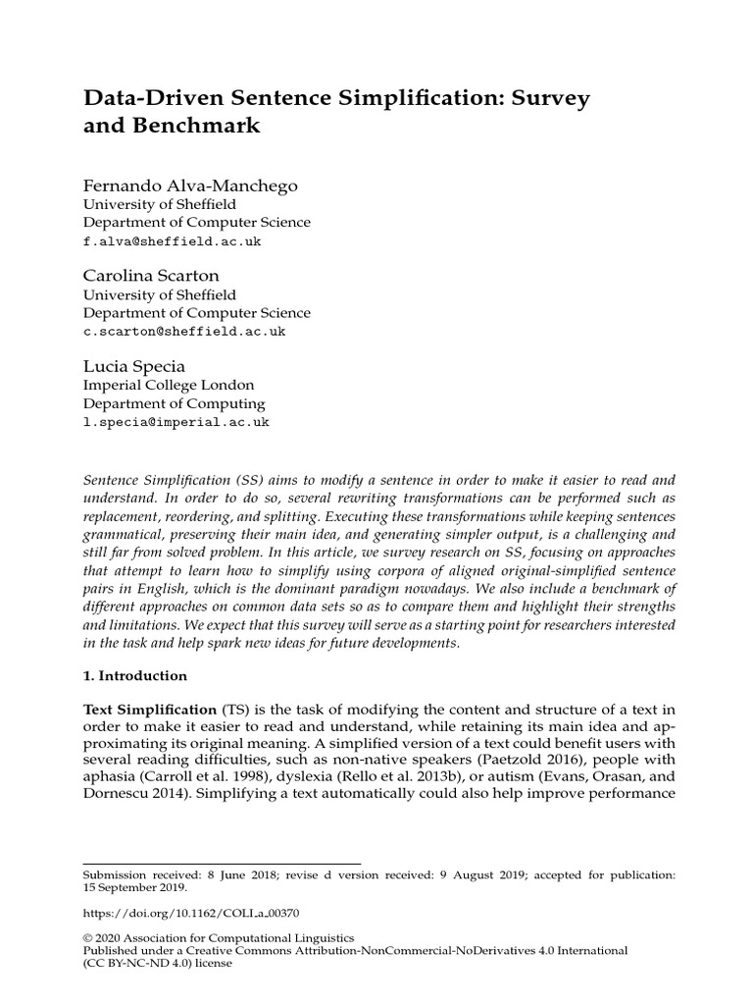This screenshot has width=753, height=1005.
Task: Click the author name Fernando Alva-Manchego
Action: click(190, 185)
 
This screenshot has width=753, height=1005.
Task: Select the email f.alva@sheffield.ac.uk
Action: click(172, 240)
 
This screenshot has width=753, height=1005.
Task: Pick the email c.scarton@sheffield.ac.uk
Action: click(184, 331)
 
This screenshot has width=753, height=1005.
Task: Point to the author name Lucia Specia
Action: click(133, 366)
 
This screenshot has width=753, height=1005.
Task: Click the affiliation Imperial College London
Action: click(168, 385)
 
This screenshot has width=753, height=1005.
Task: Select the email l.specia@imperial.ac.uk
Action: click(176, 421)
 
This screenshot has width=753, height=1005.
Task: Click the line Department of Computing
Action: click(174, 403)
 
